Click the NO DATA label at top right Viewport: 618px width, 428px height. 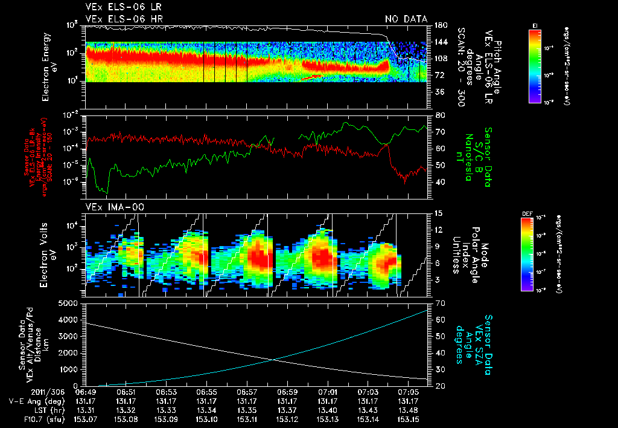click(x=406, y=19)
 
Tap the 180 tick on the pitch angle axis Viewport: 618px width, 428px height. click(x=439, y=25)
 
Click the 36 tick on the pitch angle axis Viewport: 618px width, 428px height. click(x=439, y=92)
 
